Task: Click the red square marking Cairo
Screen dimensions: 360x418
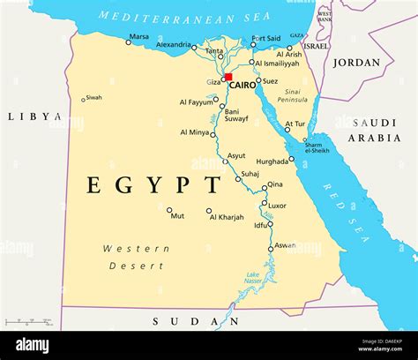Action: (228, 78)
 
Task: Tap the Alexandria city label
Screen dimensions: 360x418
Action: (173, 44)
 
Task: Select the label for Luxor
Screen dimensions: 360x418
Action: (277, 205)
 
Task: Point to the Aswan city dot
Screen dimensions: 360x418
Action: (271, 249)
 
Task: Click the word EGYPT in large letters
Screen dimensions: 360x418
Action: (153, 185)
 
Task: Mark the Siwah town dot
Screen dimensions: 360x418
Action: (84, 100)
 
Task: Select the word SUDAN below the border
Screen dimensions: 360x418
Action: (180, 320)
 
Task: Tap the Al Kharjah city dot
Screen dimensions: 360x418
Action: (209, 211)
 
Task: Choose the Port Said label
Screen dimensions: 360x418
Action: (265, 39)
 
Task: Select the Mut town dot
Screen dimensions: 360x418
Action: (169, 210)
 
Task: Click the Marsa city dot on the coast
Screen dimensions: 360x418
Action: (128, 42)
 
